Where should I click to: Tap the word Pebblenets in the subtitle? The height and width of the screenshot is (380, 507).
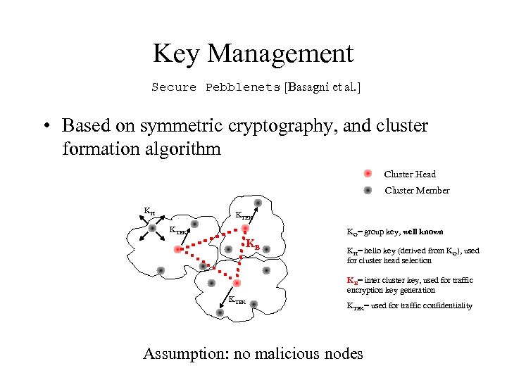click(x=242, y=87)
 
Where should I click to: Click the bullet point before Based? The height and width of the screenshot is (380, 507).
click(x=44, y=126)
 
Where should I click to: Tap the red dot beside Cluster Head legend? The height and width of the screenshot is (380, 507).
click(x=368, y=174)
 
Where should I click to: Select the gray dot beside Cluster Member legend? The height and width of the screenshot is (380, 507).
click(x=368, y=190)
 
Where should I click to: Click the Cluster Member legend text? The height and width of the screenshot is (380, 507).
click(x=417, y=190)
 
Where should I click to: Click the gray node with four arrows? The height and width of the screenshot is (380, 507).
click(x=151, y=228)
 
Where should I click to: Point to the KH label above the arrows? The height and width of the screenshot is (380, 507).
click(x=149, y=210)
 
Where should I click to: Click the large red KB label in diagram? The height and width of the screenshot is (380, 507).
click(x=253, y=244)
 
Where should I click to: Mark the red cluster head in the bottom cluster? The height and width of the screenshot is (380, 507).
click(x=237, y=283)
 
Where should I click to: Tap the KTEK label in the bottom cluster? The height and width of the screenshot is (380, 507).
click(x=237, y=300)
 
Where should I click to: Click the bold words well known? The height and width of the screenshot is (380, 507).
click(x=423, y=232)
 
